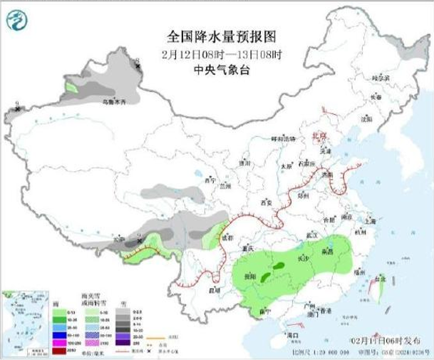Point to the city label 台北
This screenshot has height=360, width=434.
click(x=380, y=279)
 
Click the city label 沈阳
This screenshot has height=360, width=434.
click(x=367, y=120)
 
